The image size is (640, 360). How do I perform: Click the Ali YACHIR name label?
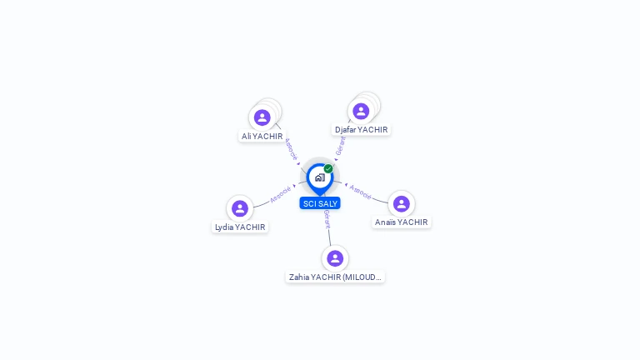262,136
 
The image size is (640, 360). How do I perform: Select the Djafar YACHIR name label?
361,130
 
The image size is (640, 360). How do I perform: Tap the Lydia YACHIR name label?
240,227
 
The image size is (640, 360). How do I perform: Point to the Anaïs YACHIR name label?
401,222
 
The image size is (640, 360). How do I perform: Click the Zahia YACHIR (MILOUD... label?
335,277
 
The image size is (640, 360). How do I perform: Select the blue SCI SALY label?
320,203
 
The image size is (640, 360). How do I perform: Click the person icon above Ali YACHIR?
262,117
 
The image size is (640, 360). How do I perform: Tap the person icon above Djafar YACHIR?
361,111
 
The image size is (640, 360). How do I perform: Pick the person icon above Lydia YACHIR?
240,208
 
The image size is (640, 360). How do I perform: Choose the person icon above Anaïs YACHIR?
402,204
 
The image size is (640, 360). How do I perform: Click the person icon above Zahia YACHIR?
335,258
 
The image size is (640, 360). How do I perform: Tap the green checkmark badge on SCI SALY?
328,168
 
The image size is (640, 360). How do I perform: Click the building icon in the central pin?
319,177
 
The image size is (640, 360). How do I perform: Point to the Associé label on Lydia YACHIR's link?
280,194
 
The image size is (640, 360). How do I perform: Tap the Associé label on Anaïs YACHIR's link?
361,192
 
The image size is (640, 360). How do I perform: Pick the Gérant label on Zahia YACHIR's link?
327,219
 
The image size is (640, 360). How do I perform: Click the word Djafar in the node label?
346,130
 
